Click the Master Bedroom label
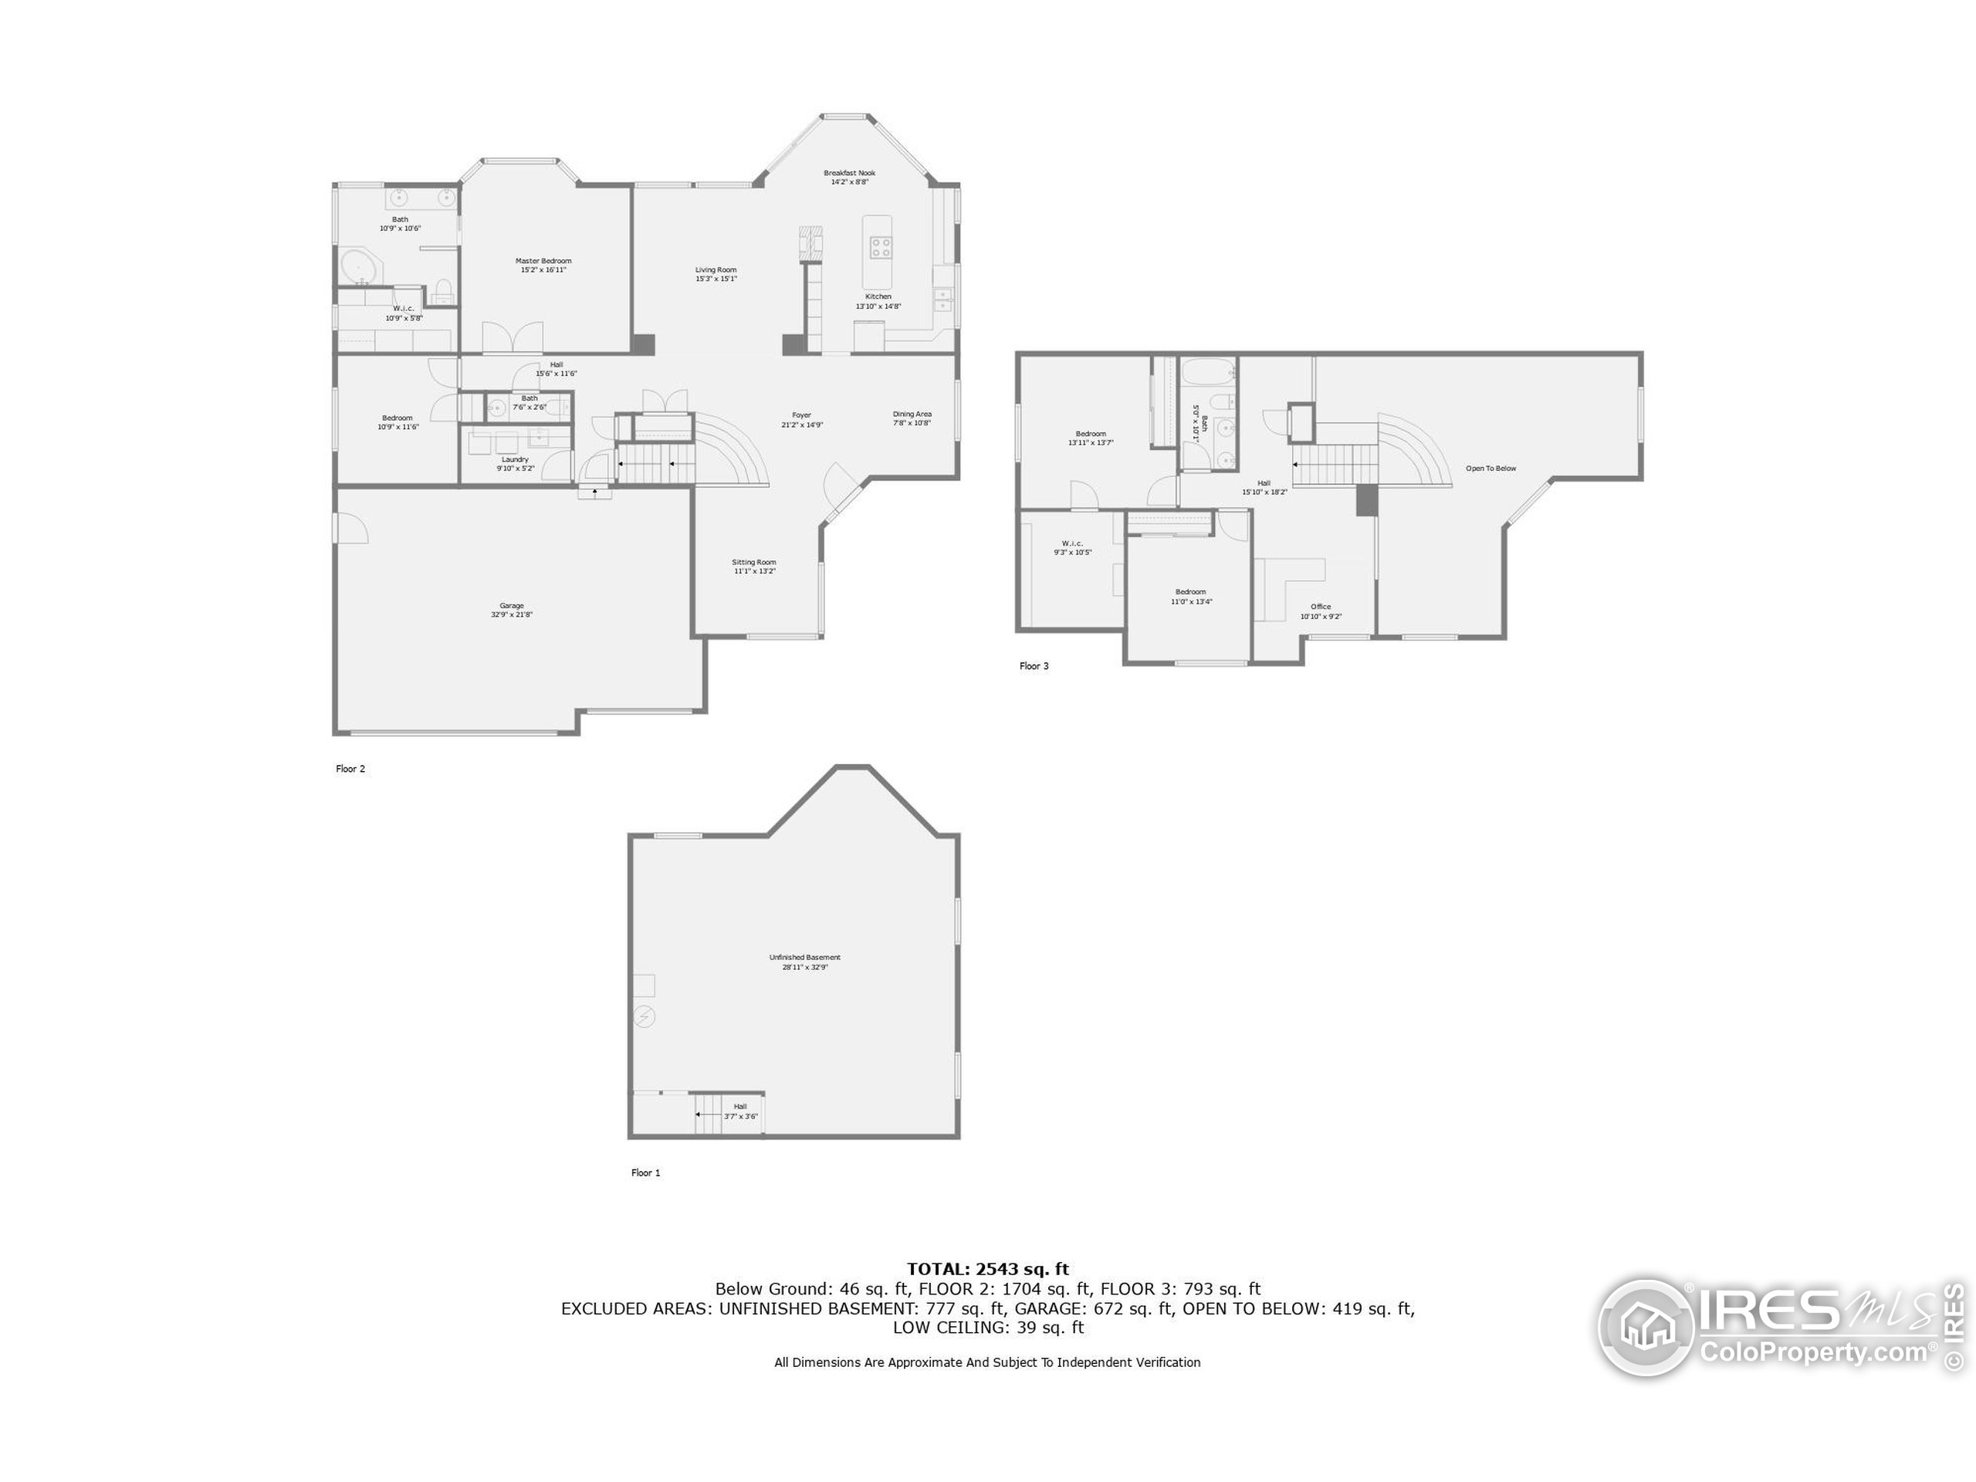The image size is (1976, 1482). [x=543, y=261]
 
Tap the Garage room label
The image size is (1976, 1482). [x=512, y=606]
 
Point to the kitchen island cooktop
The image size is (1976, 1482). [x=880, y=246]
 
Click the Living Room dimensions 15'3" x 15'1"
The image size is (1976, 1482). [x=716, y=279]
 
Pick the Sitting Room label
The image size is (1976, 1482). [x=754, y=563]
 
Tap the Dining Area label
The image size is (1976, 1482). [x=912, y=414]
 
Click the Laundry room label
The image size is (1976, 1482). [x=516, y=460]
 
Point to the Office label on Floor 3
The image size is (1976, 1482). [x=1321, y=607]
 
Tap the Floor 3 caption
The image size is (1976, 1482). [x=1034, y=666]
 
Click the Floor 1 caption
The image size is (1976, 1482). [x=646, y=1173]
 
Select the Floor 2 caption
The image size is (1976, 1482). [x=350, y=769]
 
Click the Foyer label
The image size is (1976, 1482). [x=801, y=415]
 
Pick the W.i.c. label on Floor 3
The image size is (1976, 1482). [x=1072, y=544]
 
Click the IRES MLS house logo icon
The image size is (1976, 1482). [x=1646, y=1327]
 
